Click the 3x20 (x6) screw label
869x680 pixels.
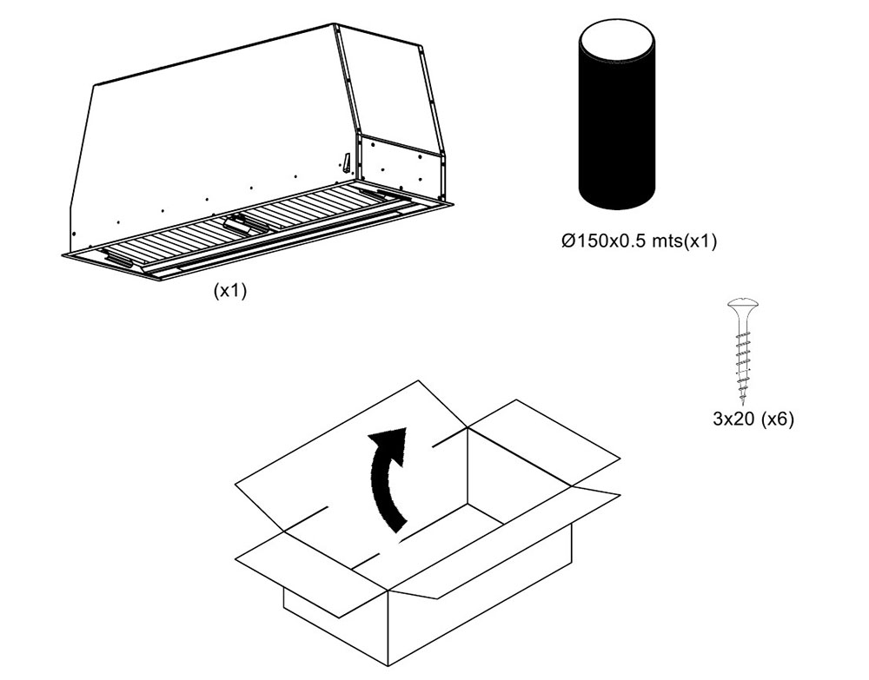pos(753,419)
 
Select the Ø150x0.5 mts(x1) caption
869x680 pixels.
pos(640,241)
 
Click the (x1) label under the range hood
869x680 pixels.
pos(230,292)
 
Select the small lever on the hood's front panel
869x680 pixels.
pos(347,162)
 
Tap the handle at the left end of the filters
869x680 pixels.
pos(118,260)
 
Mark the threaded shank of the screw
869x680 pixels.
pos(741,356)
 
